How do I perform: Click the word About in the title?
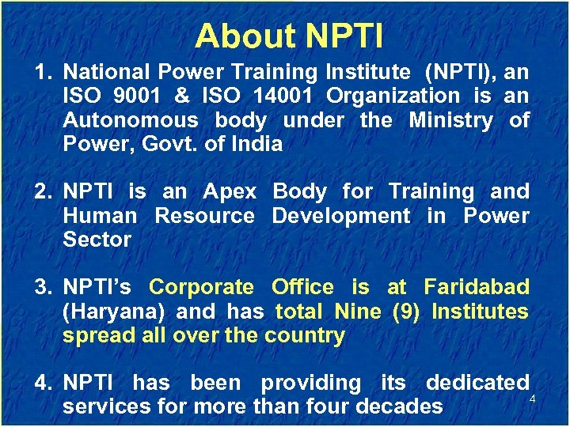click(x=243, y=36)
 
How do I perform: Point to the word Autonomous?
click(x=130, y=120)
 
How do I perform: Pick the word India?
click(x=256, y=144)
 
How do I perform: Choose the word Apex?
click(x=230, y=191)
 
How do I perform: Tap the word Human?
click(x=100, y=216)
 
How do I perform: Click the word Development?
click(x=341, y=216)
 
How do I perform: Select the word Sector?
click(x=97, y=240)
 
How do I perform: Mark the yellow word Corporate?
click(x=201, y=287)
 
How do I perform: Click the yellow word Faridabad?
click(x=476, y=287)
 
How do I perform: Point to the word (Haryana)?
click(x=114, y=312)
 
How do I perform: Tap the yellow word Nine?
click(x=358, y=312)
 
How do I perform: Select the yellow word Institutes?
click(x=480, y=312)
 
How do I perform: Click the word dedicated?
click(x=477, y=383)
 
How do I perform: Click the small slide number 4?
click(x=532, y=399)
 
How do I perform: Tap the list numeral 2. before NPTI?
click(x=44, y=191)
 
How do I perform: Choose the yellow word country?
click(x=305, y=335)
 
